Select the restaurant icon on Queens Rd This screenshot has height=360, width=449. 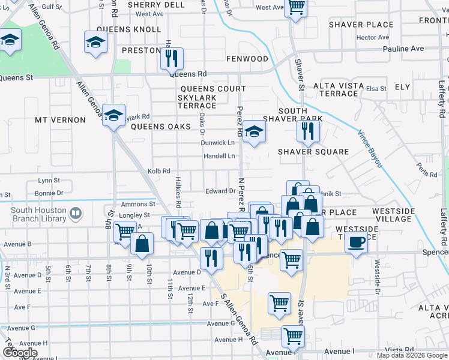(x=172, y=59)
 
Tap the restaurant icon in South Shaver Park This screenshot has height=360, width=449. (x=307, y=131)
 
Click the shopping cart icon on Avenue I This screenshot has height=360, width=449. (x=293, y=337)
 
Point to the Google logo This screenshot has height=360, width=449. (x=20, y=353)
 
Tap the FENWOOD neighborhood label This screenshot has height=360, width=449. (x=247, y=59)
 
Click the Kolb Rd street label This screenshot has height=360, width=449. (x=158, y=171)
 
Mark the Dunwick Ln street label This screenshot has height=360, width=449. (x=217, y=143)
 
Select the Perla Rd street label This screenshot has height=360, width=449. (x=429, y=173)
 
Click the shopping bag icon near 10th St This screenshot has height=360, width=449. (x=142, y=244)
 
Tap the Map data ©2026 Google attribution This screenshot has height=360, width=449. (x=411, y=355)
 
